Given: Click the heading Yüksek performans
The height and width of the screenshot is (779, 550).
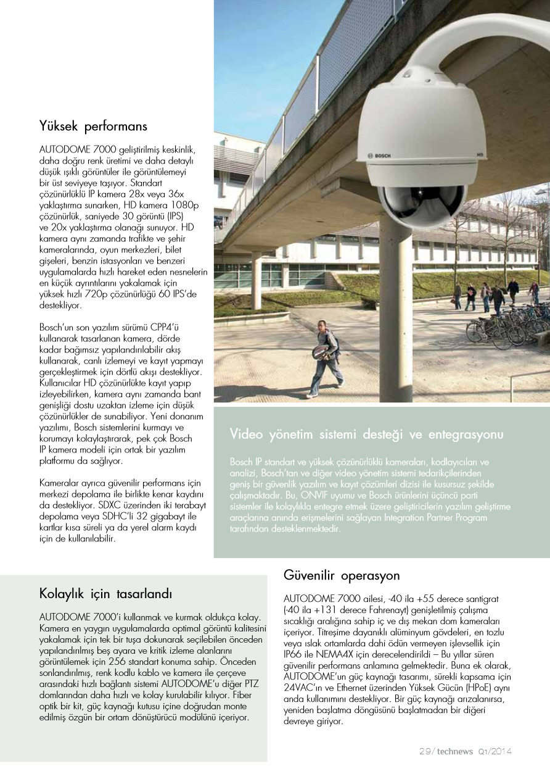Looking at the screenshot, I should [x=93, y=127].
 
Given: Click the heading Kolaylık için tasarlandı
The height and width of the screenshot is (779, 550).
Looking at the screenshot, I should [x=105, y=594].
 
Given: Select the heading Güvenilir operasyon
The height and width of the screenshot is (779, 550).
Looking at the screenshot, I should [x=342, y=575].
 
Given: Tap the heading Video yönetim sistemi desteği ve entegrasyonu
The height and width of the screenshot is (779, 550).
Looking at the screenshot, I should [x=366, y=434].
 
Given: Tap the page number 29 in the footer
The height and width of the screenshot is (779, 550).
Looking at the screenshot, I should [x=425, y=751].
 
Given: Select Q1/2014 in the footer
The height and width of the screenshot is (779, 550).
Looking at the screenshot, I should [x=495, y=751].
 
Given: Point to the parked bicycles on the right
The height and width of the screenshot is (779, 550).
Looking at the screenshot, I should [x=506, y=324].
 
